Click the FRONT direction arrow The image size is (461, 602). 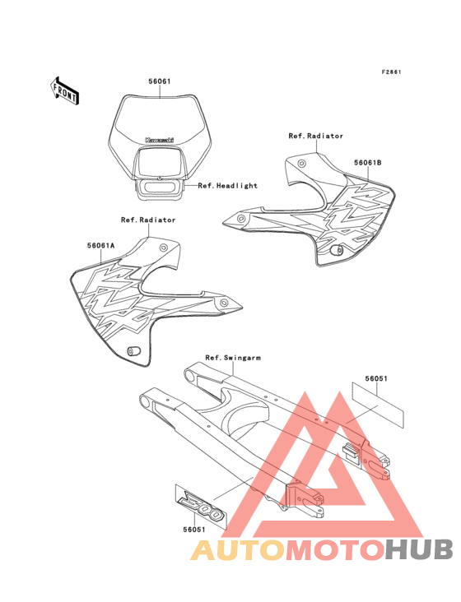coord(65,90)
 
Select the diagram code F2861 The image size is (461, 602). coord(391,72)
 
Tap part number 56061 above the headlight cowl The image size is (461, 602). coord(160,81)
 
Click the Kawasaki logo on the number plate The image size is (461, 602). coord(160,140)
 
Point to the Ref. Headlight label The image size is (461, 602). coord(227,186)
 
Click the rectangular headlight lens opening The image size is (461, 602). coord(159,162)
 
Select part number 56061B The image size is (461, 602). coord(368,163)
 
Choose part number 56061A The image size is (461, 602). coord(101,245)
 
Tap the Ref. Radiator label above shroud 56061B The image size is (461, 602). coord(316,136)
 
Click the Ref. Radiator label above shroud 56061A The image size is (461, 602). coord(148,220)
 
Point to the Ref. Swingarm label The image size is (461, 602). coord(233,358)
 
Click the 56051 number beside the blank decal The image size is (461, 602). coord(376,378)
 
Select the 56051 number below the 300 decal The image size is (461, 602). coord(194,530)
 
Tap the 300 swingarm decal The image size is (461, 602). coord(201,507)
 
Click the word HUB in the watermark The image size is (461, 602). coord(419,550)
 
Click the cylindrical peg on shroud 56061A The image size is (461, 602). coord(134,351)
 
